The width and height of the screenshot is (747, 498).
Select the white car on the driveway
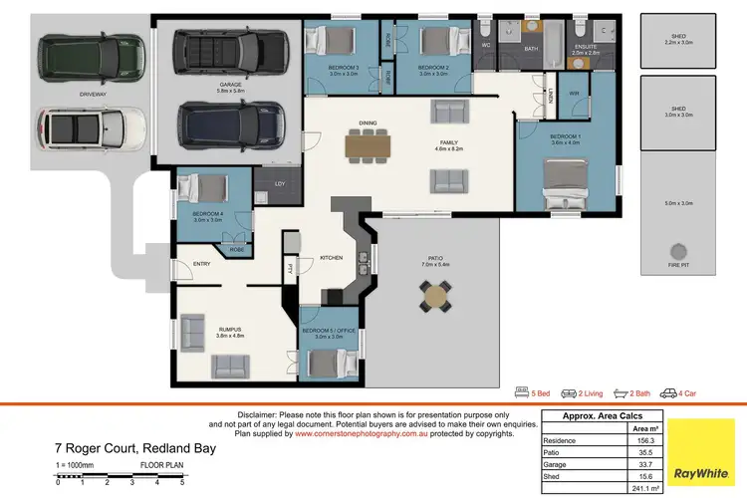point(82,127)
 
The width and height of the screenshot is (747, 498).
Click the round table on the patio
point(435,295)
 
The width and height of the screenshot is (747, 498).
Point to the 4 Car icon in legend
point(669,393)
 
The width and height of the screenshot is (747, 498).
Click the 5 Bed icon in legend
point(522,393)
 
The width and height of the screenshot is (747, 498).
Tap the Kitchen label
point(331,258)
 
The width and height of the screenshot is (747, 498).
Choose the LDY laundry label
point(280,183)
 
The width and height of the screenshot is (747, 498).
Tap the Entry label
point(202,264)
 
